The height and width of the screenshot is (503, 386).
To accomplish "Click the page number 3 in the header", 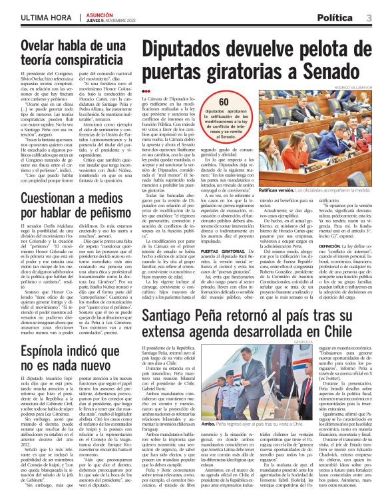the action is point(369,15).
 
